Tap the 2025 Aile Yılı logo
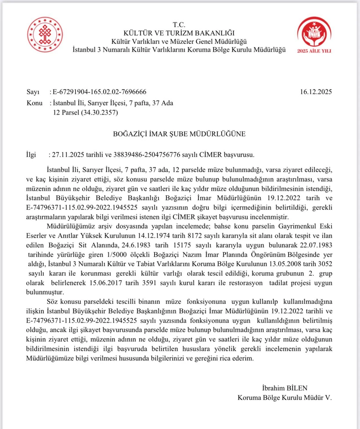coord(314,36)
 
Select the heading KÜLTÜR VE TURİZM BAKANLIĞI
coord(179,32)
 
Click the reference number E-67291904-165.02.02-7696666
coord(99,92)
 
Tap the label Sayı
coord(33,92)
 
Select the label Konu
coord(34,103)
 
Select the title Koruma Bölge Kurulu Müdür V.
coord(284,398)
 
